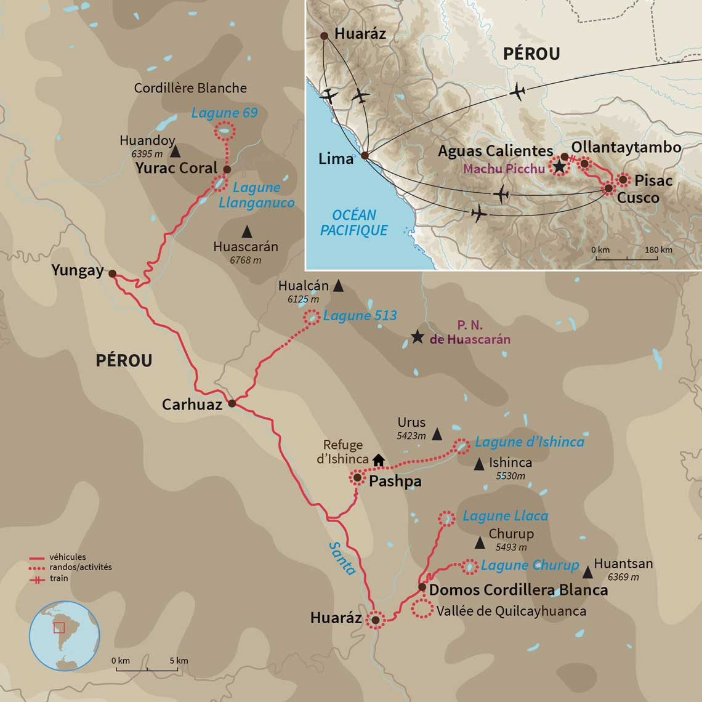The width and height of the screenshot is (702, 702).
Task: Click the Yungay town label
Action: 77,270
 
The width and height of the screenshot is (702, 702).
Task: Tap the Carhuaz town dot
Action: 232,404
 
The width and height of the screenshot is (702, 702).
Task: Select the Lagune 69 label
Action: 224,113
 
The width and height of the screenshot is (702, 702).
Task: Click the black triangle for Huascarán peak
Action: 246,232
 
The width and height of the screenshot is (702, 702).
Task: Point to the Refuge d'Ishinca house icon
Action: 379,459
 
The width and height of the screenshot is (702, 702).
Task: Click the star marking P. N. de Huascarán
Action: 418,337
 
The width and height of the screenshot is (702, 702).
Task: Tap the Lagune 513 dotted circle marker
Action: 312,317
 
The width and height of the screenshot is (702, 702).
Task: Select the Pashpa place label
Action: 395,482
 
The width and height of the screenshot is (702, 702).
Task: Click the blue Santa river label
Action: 342,559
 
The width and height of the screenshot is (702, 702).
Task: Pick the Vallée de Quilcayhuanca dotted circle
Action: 422,609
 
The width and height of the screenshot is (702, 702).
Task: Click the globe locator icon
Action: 65,636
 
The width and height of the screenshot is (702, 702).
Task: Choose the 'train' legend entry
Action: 59,578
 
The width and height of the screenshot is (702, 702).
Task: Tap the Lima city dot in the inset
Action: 365,156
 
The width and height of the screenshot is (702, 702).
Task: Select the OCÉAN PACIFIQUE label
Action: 354,222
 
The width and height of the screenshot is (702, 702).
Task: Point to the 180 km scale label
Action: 658,250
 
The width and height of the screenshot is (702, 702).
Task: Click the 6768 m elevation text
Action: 245,260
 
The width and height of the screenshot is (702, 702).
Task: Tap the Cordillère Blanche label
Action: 190,88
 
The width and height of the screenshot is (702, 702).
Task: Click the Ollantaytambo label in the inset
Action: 626,147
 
